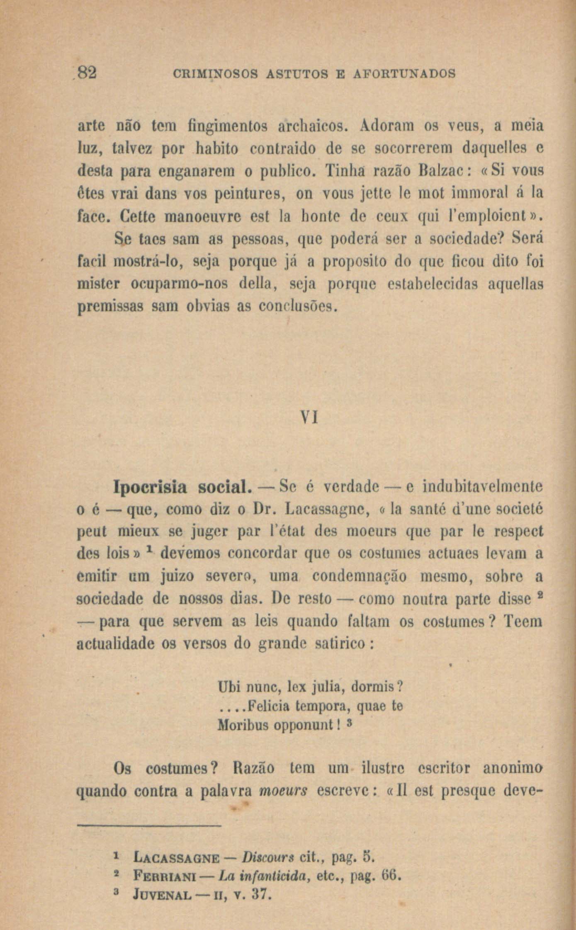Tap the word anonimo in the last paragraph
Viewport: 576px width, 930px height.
pyautogui.click(x=513, y=769)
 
